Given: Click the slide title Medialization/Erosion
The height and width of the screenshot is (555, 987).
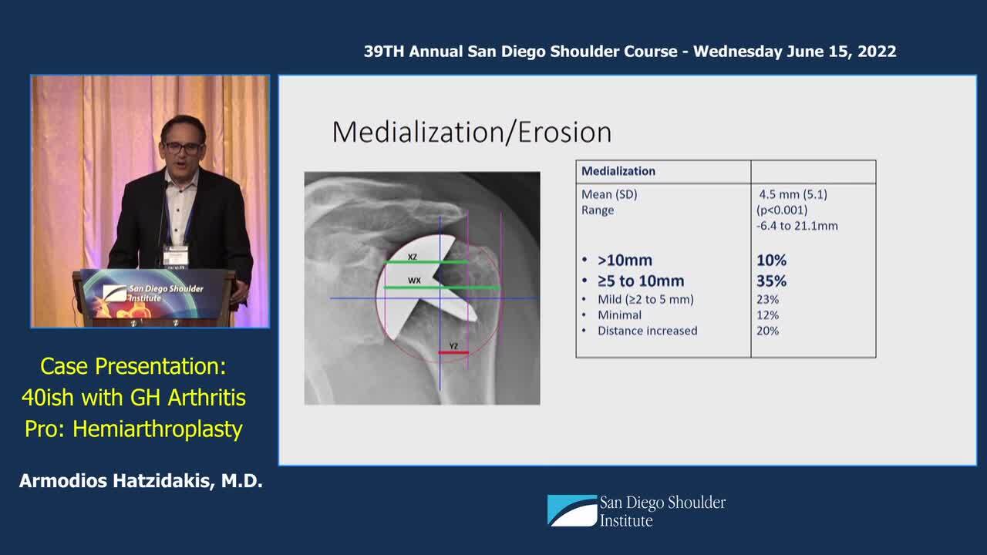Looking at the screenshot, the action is pos(472,132).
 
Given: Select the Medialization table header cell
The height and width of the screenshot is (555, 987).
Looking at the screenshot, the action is pos(663,171).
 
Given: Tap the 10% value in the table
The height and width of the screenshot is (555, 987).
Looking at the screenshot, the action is pos(772,261).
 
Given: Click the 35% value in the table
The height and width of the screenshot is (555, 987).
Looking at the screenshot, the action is pos(772,281).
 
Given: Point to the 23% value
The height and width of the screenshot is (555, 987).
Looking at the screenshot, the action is pos(767,300).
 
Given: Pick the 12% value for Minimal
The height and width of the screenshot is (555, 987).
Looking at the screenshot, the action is pos(767,315).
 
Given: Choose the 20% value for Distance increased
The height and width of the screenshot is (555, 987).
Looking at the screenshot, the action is pos(767,331).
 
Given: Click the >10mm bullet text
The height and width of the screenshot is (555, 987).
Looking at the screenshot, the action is pos(625,261).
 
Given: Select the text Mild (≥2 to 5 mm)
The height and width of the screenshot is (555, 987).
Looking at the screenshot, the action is pos(645,300).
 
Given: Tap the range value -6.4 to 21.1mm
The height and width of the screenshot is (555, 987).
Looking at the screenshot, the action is pos(797,226).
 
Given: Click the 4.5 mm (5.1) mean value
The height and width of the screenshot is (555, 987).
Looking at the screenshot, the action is pos(793,194).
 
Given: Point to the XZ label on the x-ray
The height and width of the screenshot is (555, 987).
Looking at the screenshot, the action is pos(413,257).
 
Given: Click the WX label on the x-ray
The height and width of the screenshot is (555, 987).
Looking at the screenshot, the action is pos(414,280).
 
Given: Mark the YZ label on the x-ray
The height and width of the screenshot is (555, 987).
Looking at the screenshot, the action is pos(453,346).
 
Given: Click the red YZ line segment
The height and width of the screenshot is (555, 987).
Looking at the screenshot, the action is pos(453,352).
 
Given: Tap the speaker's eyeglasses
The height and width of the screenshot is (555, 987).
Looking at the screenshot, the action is pos(183,148).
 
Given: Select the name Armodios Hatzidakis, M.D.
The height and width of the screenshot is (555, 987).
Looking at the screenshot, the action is pos(141,481).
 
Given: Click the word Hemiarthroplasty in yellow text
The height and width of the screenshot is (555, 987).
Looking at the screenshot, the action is pos(157,429).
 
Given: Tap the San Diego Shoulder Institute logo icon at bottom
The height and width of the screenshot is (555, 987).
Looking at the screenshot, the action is pos(572,510).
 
